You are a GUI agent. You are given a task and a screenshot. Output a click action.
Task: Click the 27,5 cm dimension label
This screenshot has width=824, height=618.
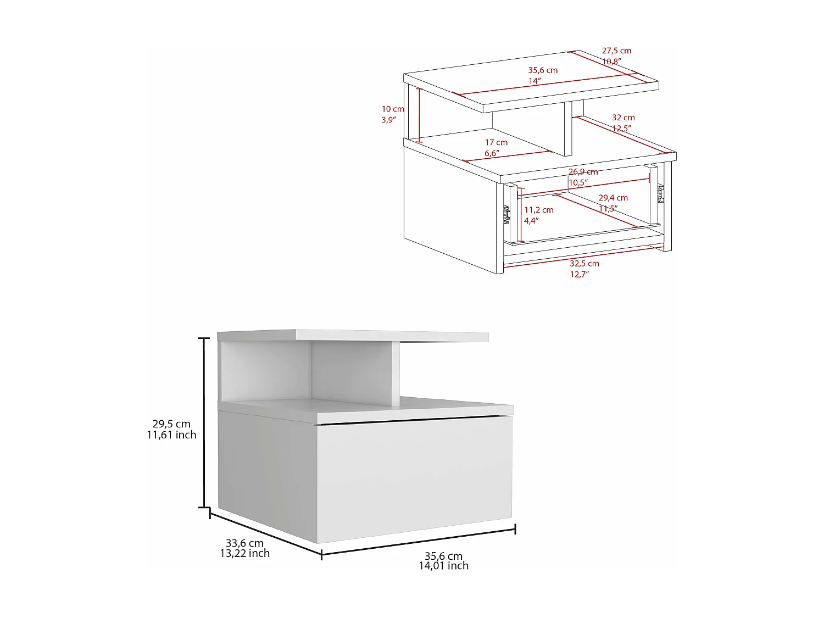click(x=616, y=51)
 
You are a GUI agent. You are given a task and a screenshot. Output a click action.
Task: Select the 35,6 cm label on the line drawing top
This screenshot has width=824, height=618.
click(x=543, y=70)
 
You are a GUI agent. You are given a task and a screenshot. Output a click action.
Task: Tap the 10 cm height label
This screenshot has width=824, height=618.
click(x=393, y=109)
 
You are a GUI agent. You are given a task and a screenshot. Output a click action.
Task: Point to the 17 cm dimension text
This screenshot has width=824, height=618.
click(x=496, y=142)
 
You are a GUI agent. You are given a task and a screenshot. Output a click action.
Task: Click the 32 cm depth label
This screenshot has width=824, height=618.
click(x=623, y=118)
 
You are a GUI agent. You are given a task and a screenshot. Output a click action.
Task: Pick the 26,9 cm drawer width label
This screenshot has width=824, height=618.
click(x=583, y=172)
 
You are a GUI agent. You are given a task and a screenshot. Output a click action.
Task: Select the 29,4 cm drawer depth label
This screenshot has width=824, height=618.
click(x=613, y=198)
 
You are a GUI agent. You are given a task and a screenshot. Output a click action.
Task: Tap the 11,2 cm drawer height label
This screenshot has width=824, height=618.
click(x=539, y=210)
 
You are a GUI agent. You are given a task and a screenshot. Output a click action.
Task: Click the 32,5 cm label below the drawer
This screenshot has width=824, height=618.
click(x=584, y=264)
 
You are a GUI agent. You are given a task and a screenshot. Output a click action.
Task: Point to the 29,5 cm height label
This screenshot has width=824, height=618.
click(x=171, y=424)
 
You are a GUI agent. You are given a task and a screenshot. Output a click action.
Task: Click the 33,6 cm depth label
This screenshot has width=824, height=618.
click(x=244, y=543)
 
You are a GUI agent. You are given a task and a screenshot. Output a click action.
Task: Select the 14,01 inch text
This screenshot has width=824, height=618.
click(x=443, y=566)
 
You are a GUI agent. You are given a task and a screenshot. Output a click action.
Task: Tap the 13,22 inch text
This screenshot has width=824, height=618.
click(x=244, y=553)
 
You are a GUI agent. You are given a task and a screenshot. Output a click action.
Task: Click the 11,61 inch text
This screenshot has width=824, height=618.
click(x=171, y=435)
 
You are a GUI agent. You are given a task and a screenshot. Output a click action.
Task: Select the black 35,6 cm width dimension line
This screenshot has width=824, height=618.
click(x=417, y=542)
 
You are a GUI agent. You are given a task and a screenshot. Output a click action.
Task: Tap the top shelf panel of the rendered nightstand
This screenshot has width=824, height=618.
click(x=352, y=335)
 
